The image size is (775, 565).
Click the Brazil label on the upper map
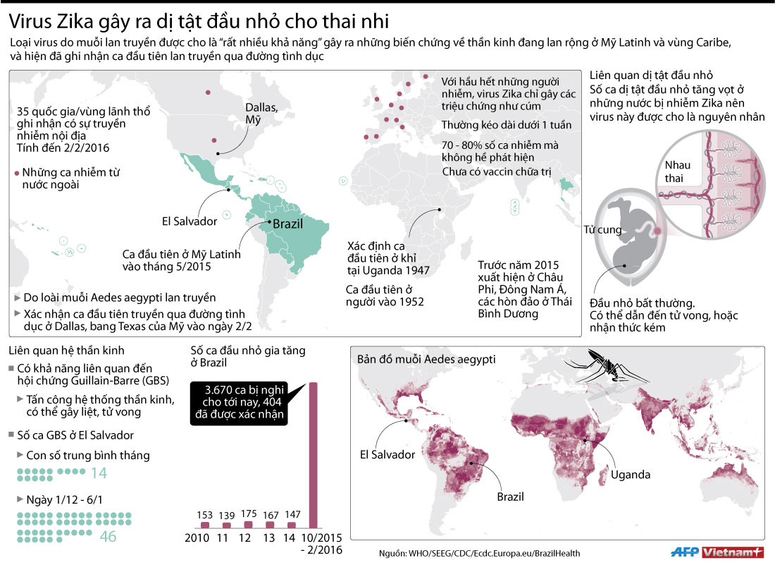[287, 224]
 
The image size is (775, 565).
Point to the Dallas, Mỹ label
[261, 114]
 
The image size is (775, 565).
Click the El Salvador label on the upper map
[190, 221]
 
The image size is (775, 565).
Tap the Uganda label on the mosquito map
[631, 474]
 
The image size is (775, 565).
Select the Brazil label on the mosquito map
[511, 497]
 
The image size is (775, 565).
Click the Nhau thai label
[678, 171]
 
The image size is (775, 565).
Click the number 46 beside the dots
[108, 537]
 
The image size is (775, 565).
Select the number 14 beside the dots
[99, 473]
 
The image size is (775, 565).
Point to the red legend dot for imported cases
[16, 173]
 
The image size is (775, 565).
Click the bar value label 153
[204, 514]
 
